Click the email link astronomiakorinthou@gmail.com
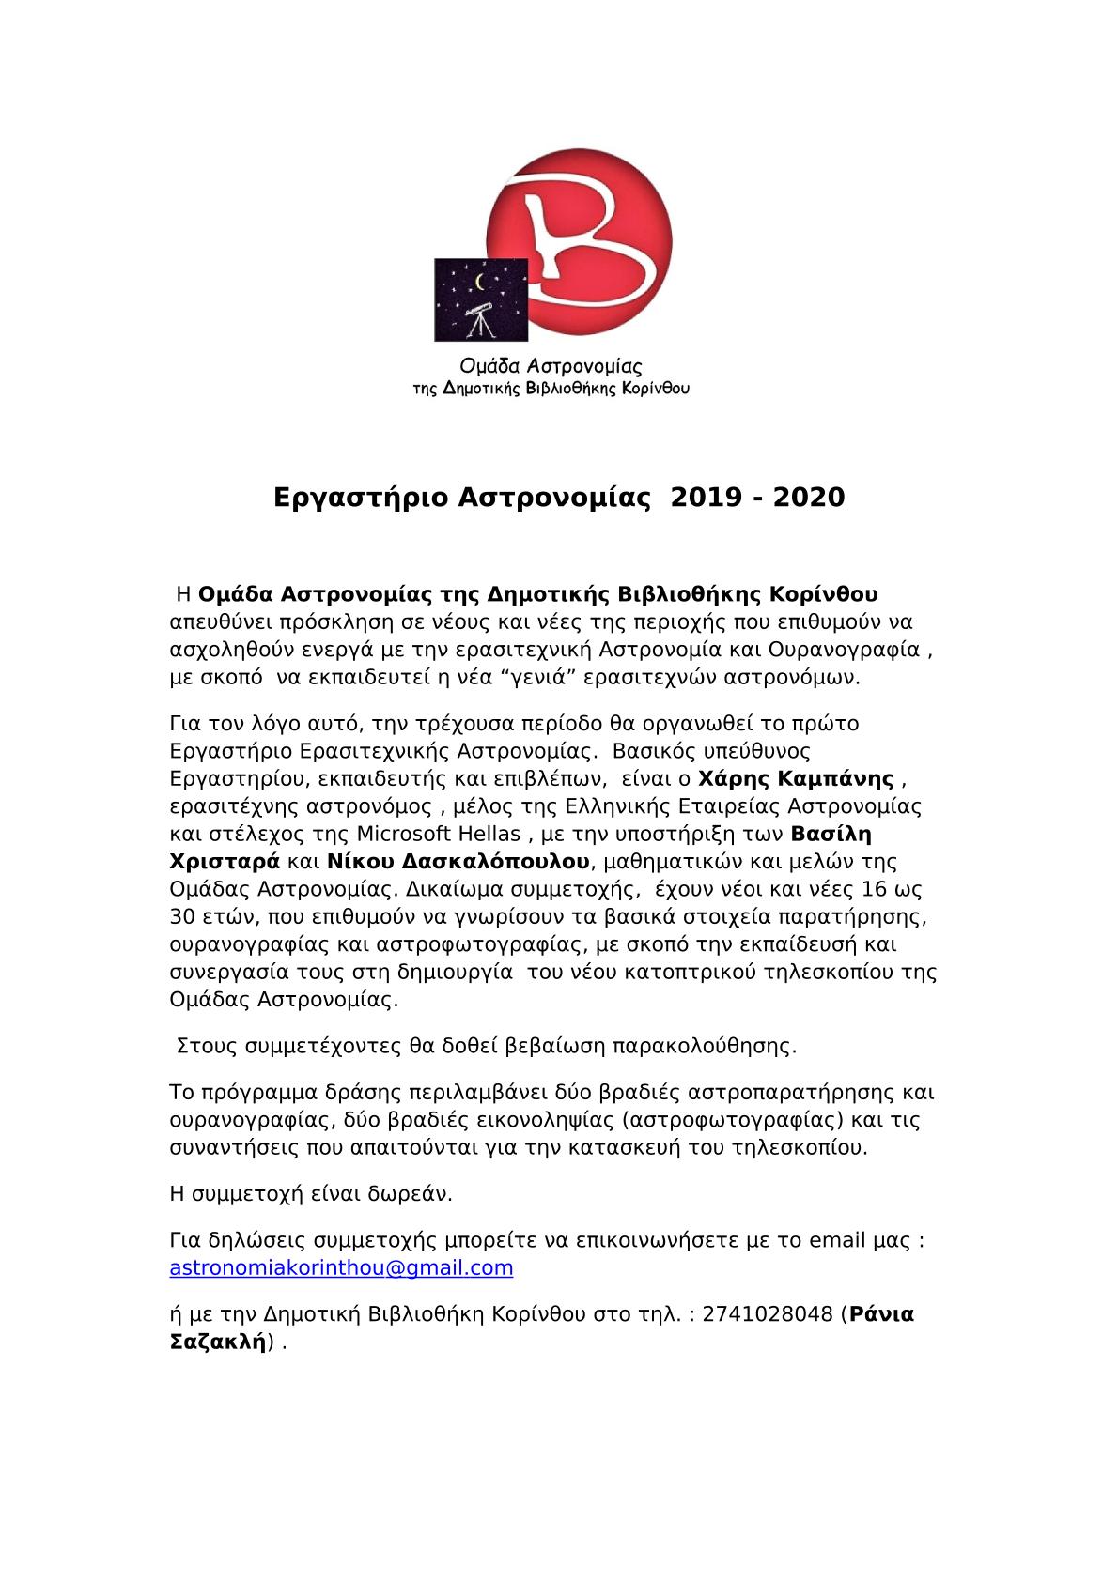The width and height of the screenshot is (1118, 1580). pos(341,1268)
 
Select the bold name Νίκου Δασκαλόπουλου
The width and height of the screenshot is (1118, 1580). pos(458,861)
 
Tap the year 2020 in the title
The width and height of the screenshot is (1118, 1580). pos(809,497)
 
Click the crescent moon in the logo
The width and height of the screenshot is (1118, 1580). pos(483,283)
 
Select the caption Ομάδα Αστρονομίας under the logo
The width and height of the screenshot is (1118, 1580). pos(550,367)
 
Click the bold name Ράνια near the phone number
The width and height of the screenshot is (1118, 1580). pos(880,1314)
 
